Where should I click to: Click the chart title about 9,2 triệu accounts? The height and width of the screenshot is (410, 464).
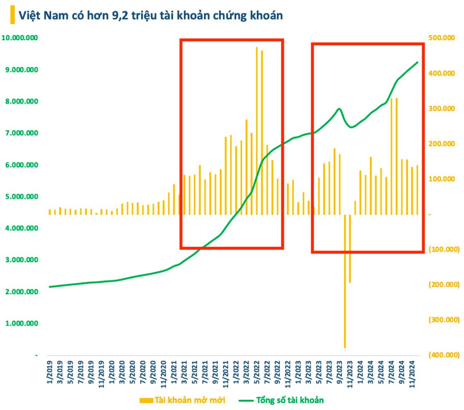151,15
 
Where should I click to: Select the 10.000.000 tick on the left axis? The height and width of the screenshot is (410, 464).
20,38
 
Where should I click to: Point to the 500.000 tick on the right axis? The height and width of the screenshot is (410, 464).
442,38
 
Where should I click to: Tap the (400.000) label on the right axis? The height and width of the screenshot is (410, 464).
444,355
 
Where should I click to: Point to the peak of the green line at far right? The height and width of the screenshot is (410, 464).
418,62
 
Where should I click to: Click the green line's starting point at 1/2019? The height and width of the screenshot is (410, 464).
49,287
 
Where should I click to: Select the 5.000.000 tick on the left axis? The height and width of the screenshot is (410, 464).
22,196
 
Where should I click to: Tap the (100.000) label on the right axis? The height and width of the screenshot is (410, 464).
444,249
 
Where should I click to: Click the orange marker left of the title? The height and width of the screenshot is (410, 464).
13,15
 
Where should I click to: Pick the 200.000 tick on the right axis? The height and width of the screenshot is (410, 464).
442,144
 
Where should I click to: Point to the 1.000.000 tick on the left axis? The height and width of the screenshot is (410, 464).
22,323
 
